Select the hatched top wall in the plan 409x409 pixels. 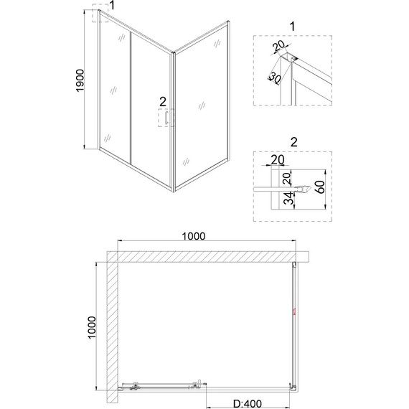pyautogui.click(x=208, y=256)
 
